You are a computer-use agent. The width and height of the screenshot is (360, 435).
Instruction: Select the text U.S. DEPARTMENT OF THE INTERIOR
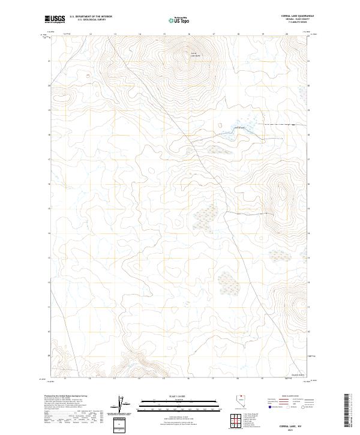91,17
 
